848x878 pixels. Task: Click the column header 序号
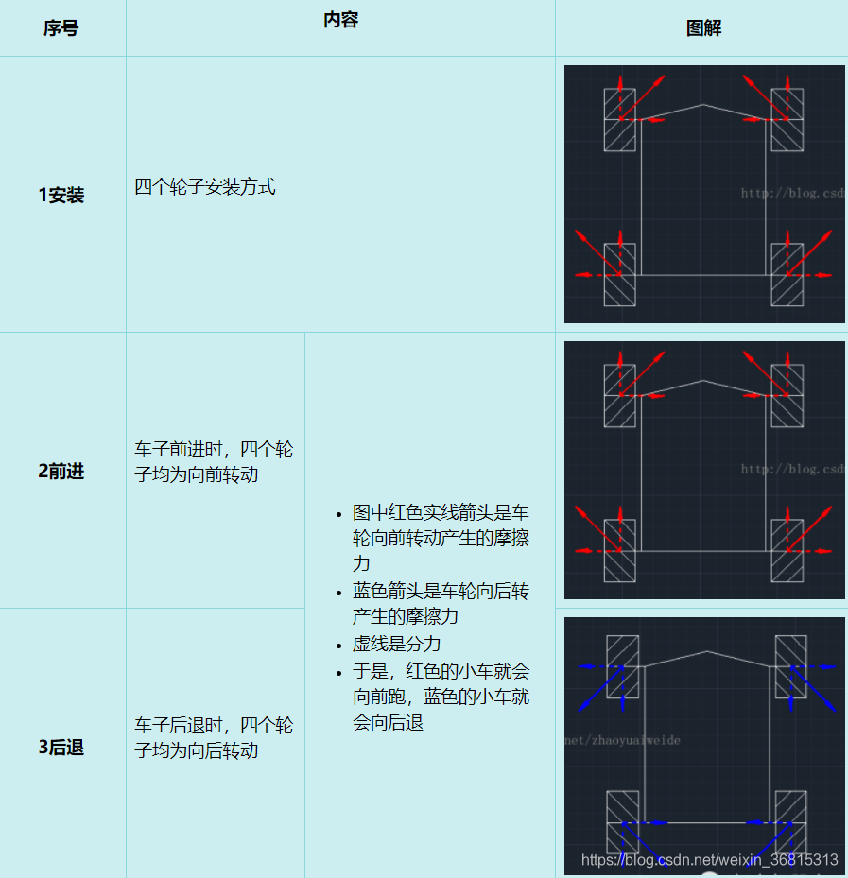[x=61, y=28]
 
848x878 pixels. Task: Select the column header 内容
[x=340, y=20]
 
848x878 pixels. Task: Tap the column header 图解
[x=703, y=28]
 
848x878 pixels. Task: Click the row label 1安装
[x=61, y=195]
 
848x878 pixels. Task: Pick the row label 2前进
[x=61, y=471]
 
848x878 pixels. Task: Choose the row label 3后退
[x=61, y=747]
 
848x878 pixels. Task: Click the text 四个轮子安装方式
[x=205, y=187]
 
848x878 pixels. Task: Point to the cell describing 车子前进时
[x=215, y=461]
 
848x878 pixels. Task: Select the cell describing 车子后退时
[x=215, y=738]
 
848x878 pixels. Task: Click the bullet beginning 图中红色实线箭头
[x=441, y=538]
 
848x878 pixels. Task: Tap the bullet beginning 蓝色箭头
[x=441, y=604]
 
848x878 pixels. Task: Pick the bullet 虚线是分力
[x=397, y=644]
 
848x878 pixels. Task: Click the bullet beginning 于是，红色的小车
[x=441, y=697]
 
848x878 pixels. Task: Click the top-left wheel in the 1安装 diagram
[x=620, y=119]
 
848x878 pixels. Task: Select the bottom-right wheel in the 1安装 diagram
[x=787, y=274]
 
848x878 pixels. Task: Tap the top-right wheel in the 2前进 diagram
[x=787, y=395]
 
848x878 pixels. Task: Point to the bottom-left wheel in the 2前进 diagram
[x=620, y=549]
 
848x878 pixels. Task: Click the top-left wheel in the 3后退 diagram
[x=622, y=665]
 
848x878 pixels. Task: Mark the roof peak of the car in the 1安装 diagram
[x=703, y=104]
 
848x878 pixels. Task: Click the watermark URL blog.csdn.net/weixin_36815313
[x=709, y=860]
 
